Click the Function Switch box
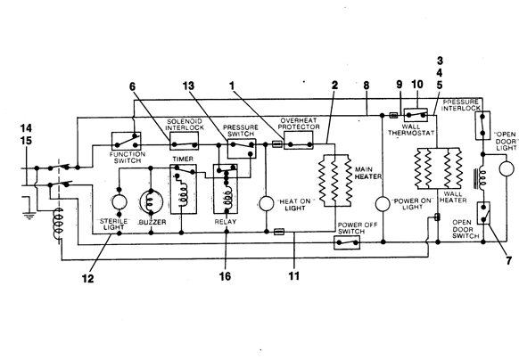126,142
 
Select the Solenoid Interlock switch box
185,141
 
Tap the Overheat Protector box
299,140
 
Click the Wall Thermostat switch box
416,115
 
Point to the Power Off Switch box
347,242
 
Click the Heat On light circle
266,203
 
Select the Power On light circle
383,204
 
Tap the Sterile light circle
119,201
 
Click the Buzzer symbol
152,202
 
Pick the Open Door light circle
507,168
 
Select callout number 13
188,86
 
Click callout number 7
508,261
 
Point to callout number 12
87,279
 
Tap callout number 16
225,276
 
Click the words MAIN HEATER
367,173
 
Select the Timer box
184,189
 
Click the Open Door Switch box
483,213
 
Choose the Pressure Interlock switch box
482,126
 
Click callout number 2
334,86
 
